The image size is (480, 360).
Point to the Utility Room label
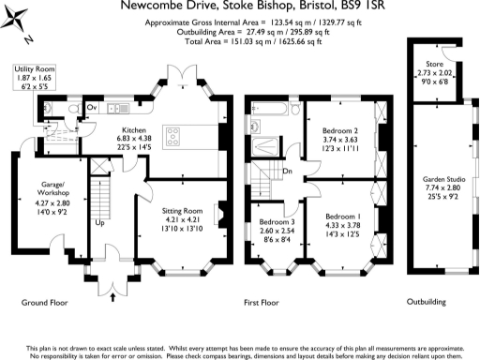pyautogui.click(x=35, y=70)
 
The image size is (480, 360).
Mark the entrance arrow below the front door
pyautogui.click(x=114, y=298)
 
